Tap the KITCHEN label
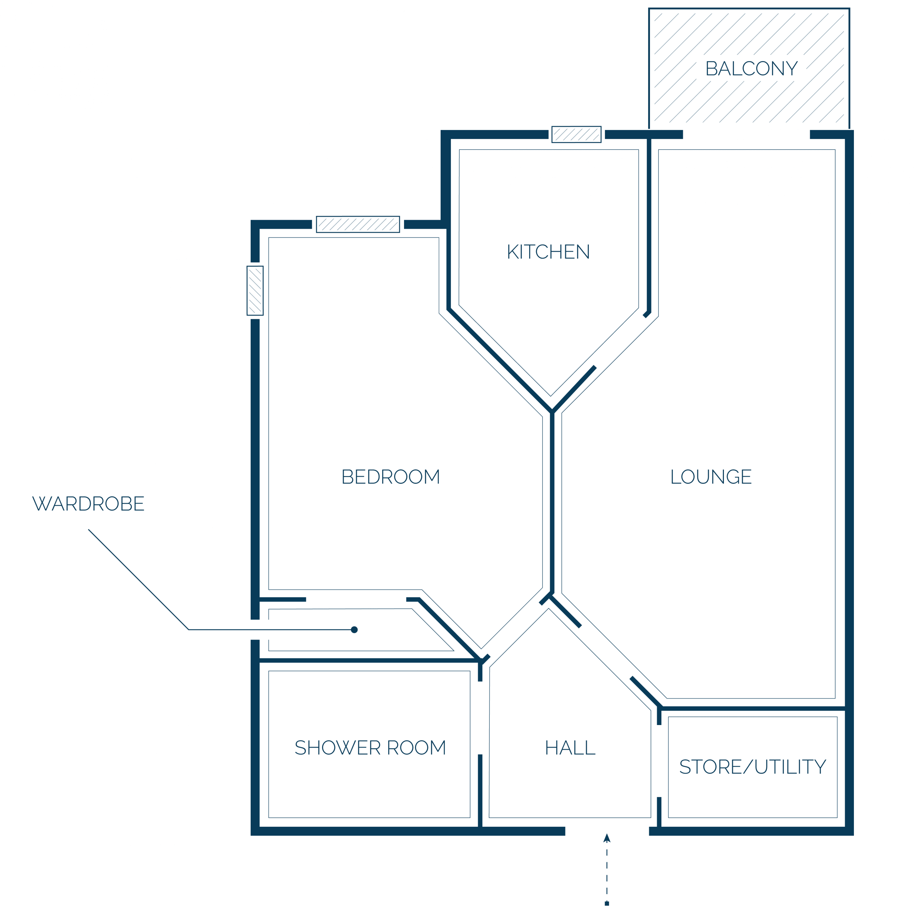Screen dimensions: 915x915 click(x=548, y=252)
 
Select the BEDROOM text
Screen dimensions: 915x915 click(x=391, y=477)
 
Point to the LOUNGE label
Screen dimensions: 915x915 click(x=711, y=477)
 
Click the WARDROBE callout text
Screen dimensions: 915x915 click(x=89, y=504)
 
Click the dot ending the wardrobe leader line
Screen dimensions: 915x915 click(x=354, y=630)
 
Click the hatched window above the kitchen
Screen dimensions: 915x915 click(x=576, y=134)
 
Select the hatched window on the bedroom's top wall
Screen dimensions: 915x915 click(x=358, y=224)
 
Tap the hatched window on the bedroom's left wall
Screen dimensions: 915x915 click(x=255, y=291)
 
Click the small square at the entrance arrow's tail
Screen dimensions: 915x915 click(x=607, y=904)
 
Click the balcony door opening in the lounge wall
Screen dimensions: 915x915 click(x=746, y=134)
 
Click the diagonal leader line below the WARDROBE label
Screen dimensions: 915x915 click(x=138, y=580)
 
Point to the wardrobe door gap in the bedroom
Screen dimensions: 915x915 click(x=356, y=600)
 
